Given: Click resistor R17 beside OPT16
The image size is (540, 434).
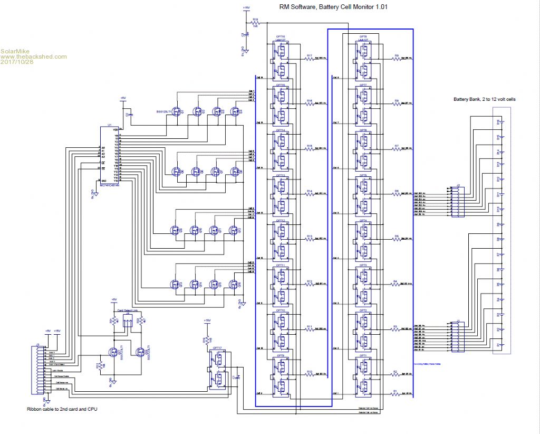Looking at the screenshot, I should (x=310, y=59).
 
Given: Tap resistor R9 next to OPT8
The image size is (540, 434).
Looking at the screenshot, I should (x=396, y=59).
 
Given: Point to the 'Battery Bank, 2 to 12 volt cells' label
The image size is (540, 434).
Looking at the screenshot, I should (x=482, y=99).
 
